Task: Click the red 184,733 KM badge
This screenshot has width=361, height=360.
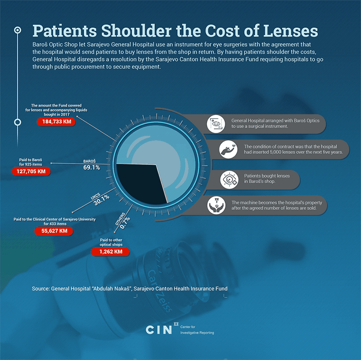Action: click(56, 121)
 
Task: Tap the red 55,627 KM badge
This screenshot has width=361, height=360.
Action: click(54, 231)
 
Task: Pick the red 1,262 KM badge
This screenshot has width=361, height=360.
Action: click(110, 252)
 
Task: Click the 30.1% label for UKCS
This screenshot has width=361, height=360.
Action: click(100, 200)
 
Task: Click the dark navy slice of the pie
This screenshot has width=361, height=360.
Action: click(140, 184)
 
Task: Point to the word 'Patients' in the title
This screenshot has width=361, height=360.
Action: click(64, 31)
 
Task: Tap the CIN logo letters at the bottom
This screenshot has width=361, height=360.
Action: click(159, 329)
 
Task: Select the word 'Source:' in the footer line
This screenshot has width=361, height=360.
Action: click(40, 289)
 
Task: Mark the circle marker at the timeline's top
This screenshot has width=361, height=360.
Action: click(18, 30)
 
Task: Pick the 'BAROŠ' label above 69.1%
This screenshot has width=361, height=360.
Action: click(89, 161)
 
